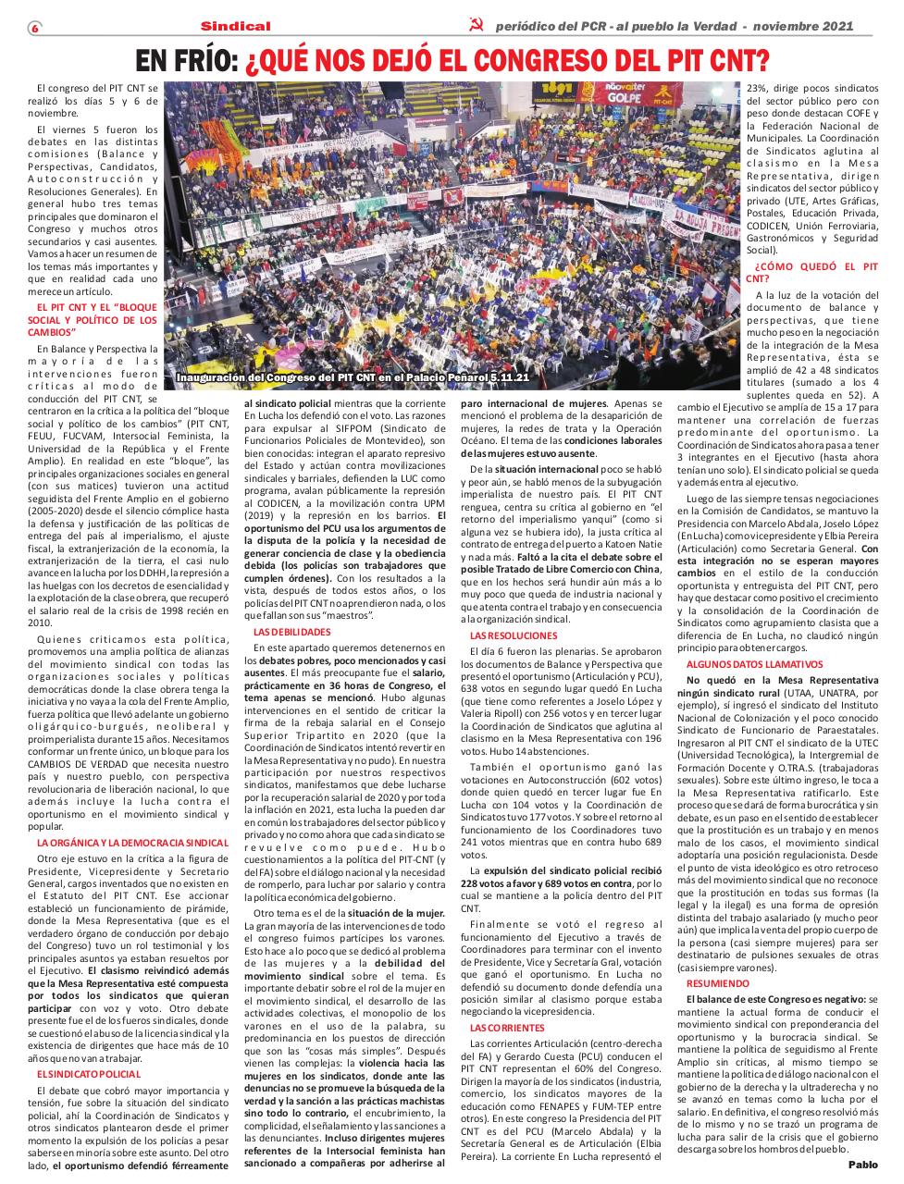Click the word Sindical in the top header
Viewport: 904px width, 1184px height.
[x=236, y=27]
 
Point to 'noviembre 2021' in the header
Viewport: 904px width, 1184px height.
[x=819, y=27]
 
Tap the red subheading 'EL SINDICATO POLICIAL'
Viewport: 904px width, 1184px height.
[x=89, y=1074]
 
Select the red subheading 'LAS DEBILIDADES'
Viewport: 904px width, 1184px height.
[x=291, y=632]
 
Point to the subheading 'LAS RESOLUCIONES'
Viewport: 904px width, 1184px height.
[x=514, y=636]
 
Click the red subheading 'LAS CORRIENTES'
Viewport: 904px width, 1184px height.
[x=507, y=1028]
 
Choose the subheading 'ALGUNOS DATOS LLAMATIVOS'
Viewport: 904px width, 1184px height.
[x=754, y=664]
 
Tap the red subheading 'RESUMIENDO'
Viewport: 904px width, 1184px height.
[x=718, y=983]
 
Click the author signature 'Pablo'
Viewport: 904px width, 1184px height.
[x=863, y=1164]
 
